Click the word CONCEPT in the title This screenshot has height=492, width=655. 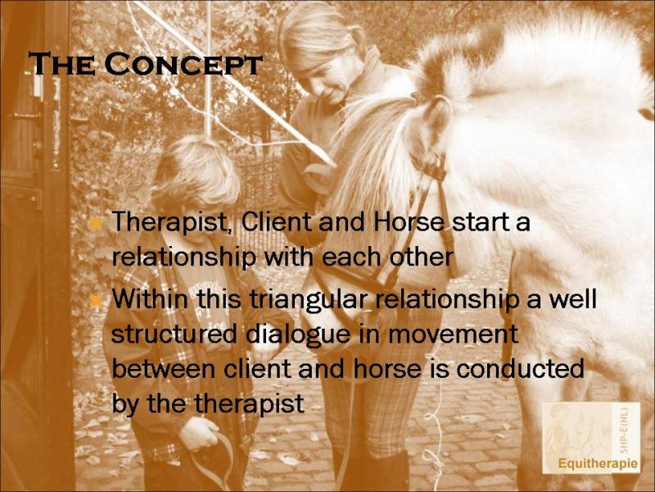coord(183,64)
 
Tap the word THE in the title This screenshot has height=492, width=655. coord(61,64)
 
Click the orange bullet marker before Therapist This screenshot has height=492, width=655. coord(96,224)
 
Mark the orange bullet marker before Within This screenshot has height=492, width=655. coord(96,300)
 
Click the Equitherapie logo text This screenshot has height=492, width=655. coord(598,464)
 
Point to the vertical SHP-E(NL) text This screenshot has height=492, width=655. coord(624,431)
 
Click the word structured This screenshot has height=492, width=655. coord(175,335)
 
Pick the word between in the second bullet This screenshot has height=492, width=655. coord(165,370)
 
